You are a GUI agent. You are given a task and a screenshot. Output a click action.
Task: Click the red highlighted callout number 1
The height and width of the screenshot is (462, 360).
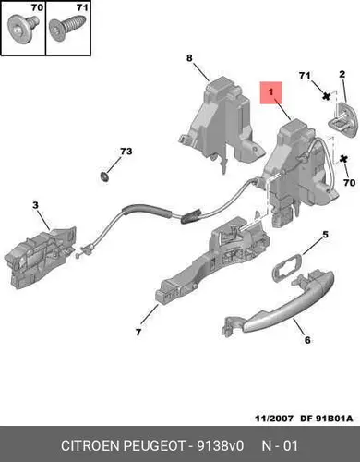point(270,92)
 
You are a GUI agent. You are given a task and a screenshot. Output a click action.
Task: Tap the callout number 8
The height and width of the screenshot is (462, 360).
point(189,57)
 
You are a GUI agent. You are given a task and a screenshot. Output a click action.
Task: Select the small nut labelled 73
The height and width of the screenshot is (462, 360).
point(104,176)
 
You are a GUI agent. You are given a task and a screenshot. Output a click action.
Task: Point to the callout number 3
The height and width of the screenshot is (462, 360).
point(36,205)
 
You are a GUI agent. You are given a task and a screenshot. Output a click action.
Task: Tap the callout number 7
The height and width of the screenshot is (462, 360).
point(138,332)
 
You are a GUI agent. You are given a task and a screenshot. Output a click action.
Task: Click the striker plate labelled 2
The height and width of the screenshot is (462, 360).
point(343,119)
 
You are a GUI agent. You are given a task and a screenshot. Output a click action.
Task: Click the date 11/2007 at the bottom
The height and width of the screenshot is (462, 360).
point(274,419)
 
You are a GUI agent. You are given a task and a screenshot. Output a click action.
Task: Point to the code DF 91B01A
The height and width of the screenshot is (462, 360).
point(327,419)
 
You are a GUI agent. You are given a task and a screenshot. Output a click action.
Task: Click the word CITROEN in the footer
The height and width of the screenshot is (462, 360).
point(90,445)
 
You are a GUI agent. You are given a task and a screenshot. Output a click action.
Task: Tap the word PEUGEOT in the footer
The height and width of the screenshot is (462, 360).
point(154,445)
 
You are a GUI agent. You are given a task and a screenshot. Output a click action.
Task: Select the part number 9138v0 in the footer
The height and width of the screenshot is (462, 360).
point(221,445)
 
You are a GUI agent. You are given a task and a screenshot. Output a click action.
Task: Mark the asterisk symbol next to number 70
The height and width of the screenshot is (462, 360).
point(343,160)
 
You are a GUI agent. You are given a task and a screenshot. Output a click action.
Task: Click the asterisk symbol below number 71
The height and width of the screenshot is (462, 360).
point(326,96)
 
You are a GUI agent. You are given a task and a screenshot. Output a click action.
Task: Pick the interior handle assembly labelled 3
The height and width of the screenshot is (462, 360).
point(40,257)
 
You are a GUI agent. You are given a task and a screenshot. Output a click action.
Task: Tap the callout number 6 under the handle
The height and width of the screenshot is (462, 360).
point(307,340)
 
